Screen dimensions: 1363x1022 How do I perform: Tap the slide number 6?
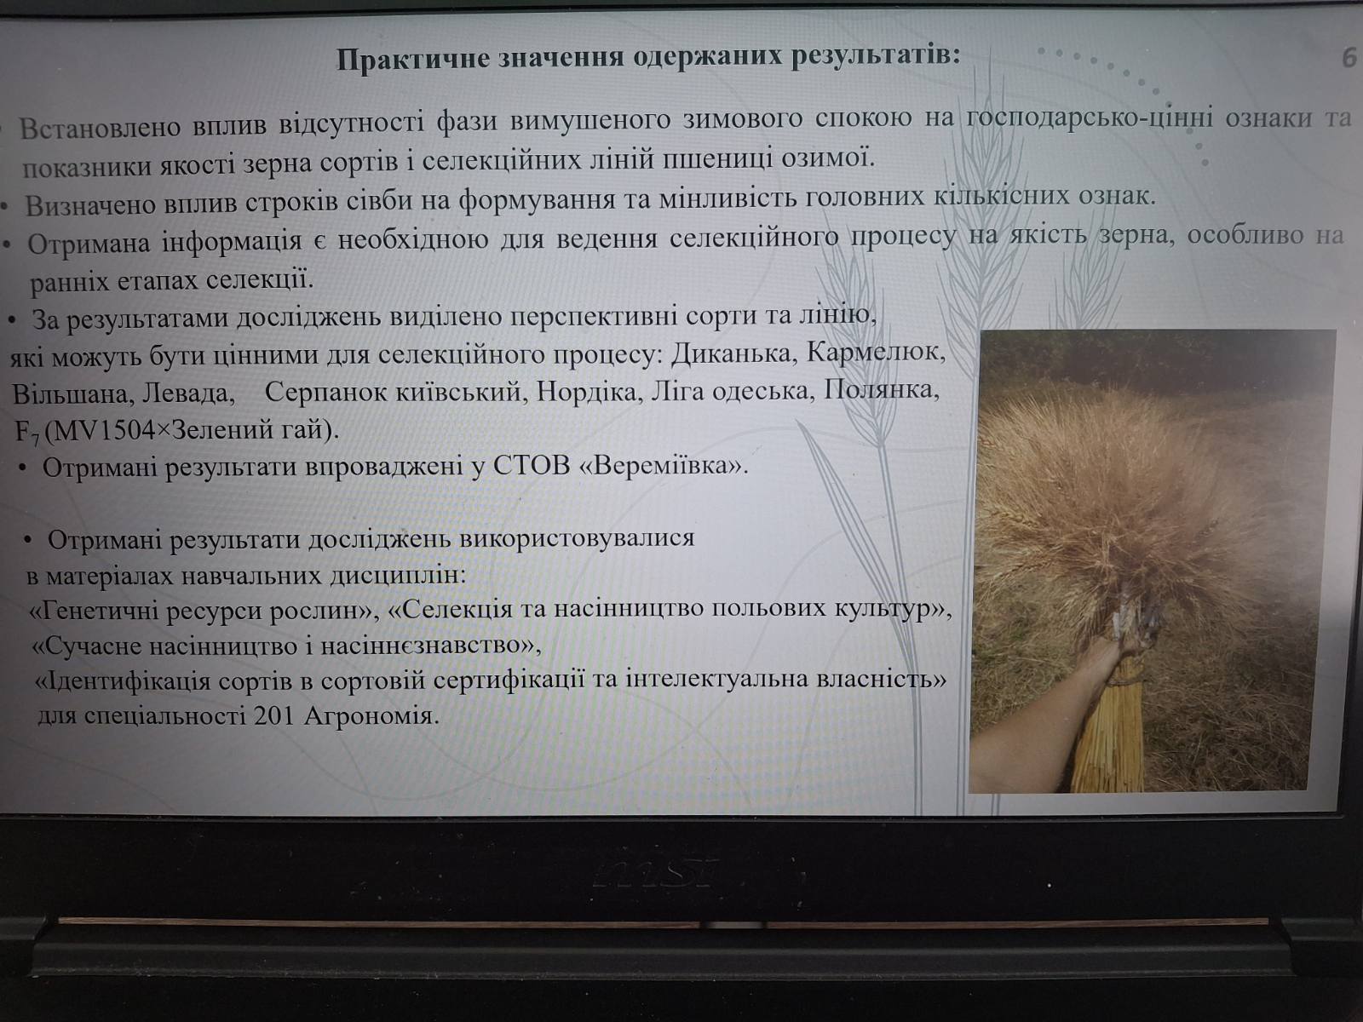click(1349, 59)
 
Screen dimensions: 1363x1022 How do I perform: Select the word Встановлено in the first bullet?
click(100, 127)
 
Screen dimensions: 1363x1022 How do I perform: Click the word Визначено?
click(90, 205)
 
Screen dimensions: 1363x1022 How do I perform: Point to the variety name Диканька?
click(733, 354)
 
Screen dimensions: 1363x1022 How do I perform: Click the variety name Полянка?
click(881, 390)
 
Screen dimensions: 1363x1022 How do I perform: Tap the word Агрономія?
click(371, 717)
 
